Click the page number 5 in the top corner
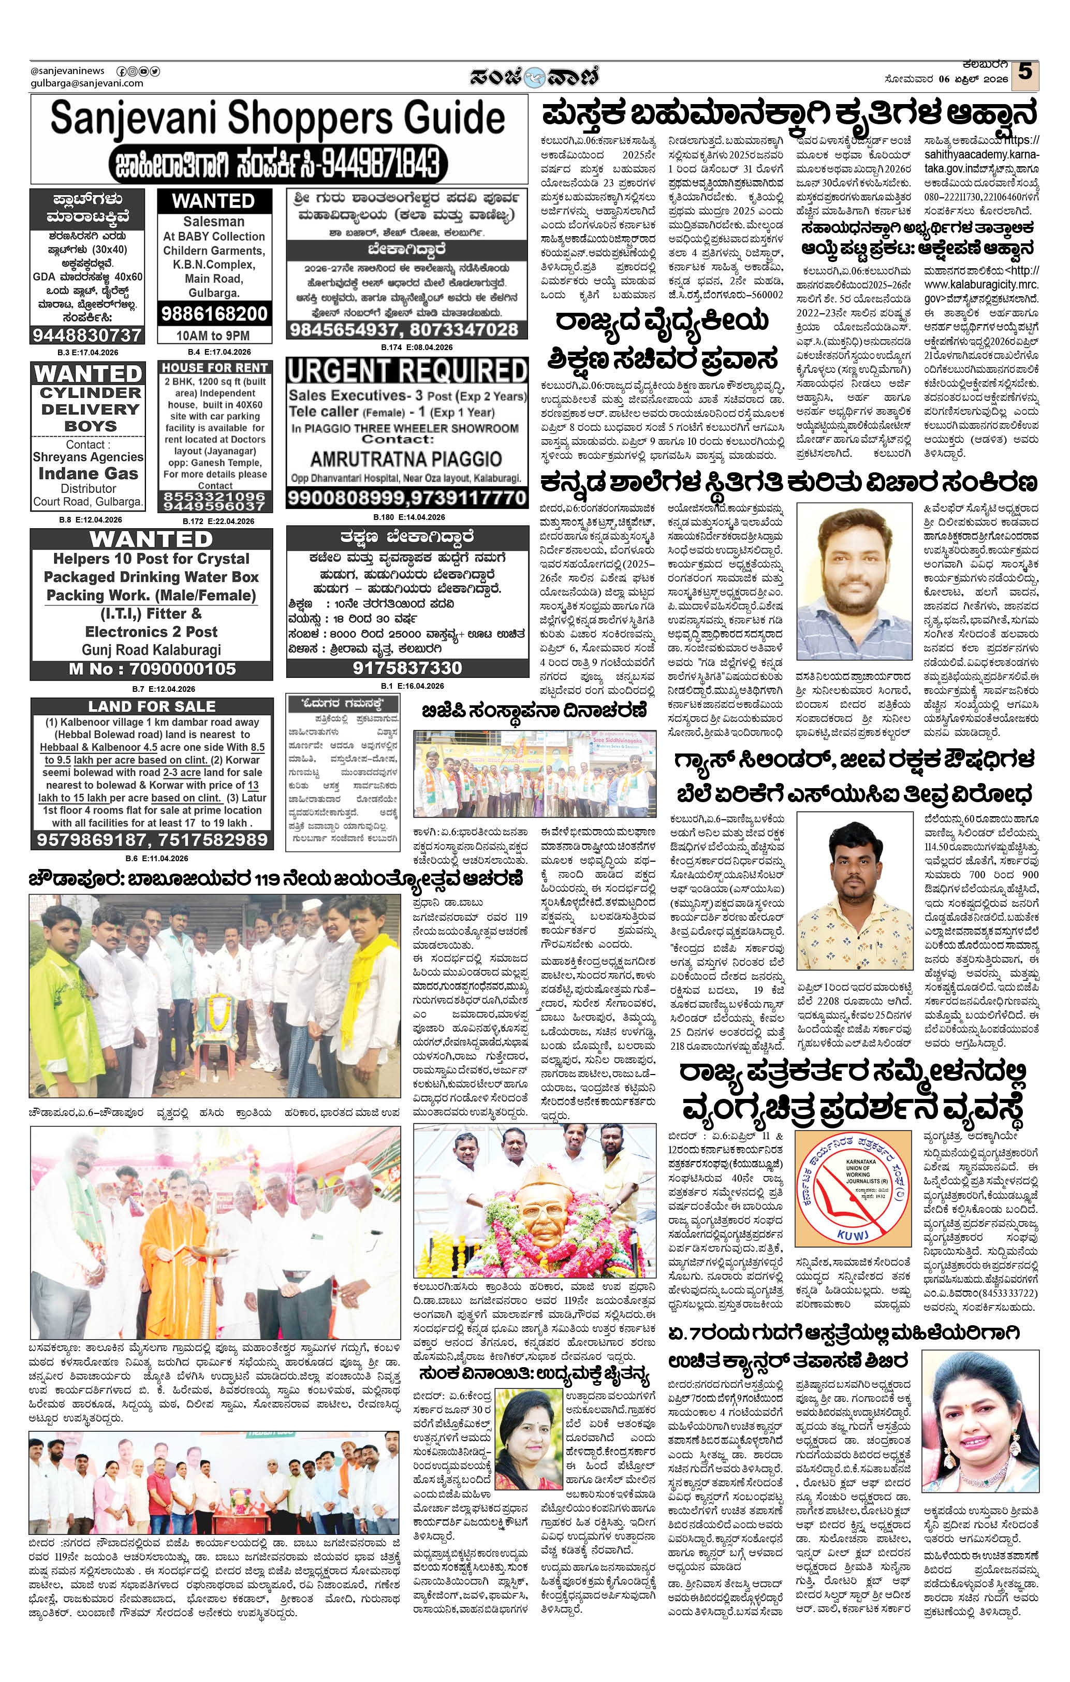point(1024,72)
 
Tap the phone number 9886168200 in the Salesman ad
point(213,314)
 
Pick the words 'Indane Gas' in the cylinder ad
point(88,474)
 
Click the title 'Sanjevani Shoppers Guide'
point(278,118)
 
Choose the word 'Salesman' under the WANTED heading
point(214,222)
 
